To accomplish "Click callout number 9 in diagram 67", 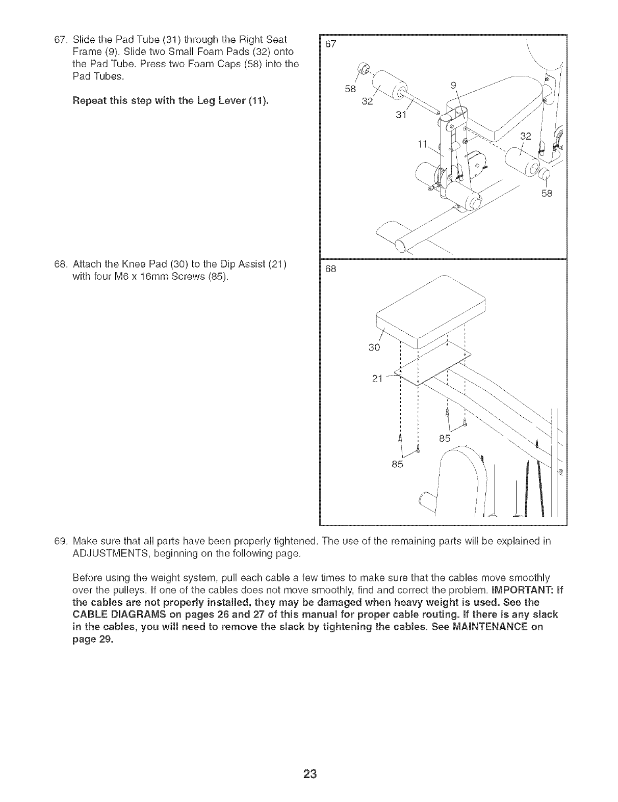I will click(x=454, y=85).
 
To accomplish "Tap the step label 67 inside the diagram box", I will click(x=331, y=44).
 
